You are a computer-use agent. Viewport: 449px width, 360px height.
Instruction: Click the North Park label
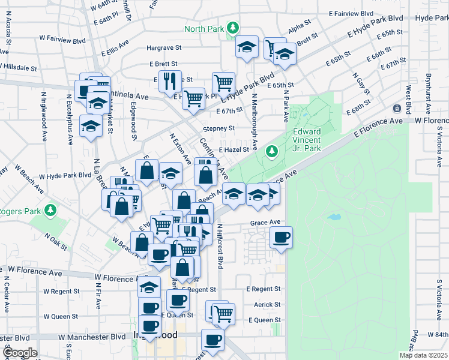pos(203,28)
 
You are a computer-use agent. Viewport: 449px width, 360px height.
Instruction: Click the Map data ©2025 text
pos(423,355)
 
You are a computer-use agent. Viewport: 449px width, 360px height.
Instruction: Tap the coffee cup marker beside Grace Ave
pos(280,239)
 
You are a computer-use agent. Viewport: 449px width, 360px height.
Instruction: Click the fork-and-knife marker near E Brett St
pos(169,80)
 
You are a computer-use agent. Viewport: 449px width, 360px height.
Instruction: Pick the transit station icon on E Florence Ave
pos(397,108)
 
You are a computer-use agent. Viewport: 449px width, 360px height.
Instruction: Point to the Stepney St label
pos(218,128)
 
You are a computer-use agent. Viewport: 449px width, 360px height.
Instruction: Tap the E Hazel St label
pos(234,150)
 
